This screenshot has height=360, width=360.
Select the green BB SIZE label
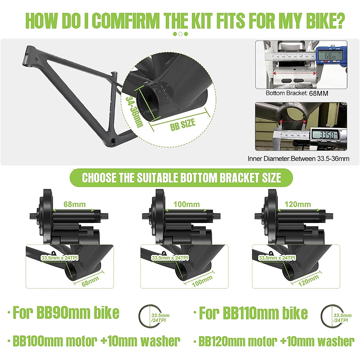pyautogui.click(x=183, y=124)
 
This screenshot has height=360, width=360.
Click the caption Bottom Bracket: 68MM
pyautogui.click(x=297, y=93)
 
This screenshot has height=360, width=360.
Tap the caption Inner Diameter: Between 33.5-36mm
pyautogui.click(x=298, y=159)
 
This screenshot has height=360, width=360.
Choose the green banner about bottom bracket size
pyautogui.click(x=181, y=178)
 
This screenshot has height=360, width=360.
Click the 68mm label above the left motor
pyautogui.click(x=74, y=205)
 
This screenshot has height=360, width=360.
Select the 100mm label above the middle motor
pyautogui.click(x=187, y=205)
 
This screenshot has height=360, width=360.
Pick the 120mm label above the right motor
pyautogui.click(x=298, y=205)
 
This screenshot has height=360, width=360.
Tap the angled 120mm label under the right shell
pyautogui.click(x=309, y=280)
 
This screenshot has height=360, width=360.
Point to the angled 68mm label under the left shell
pyautogui.click(x=90, y=281)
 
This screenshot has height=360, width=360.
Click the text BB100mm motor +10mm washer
pyautogui.click(x=96, y=341)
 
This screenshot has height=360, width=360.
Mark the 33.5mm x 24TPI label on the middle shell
pyautogui.click(x=170, y=258)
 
